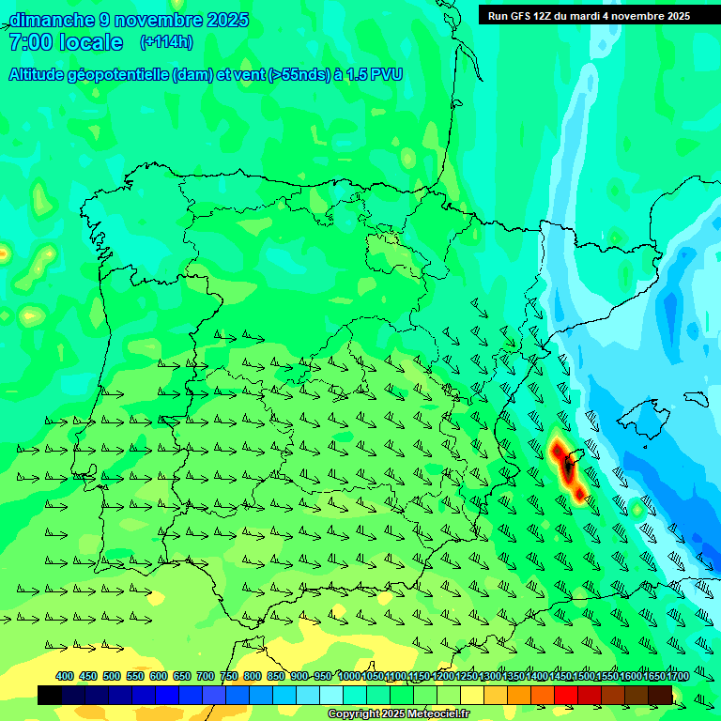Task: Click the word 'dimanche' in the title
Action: tap(51, 20)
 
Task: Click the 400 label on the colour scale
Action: tap(65, 677)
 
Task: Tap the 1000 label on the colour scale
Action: tap(349, 677)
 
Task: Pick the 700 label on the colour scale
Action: tap(206, 677)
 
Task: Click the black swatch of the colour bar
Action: tap(50, 695)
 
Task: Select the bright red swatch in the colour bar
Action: tap(565, 695)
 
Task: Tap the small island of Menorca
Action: tap(696, 398)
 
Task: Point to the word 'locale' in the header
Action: tap(91, 42)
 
